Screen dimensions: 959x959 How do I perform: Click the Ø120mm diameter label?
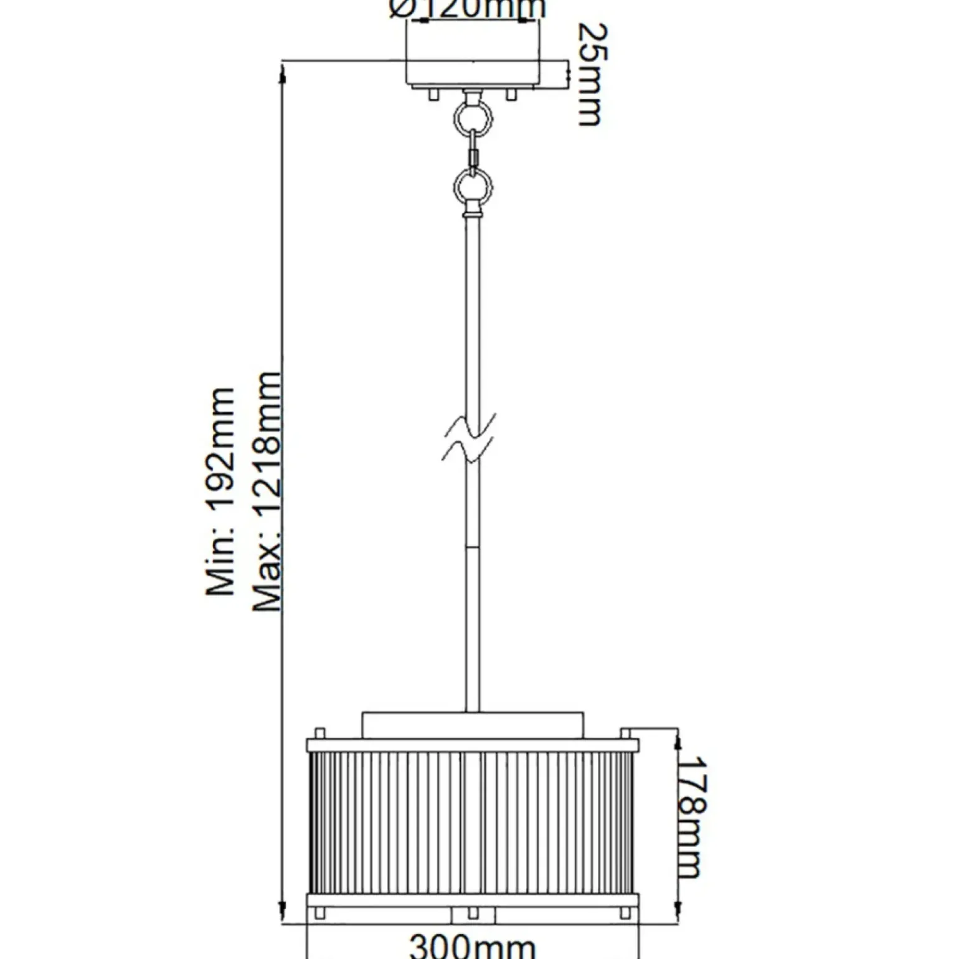coord(468,9)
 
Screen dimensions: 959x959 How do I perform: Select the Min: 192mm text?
coord(221,491)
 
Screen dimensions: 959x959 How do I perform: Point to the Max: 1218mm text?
coord(268,491)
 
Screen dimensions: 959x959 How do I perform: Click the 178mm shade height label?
coord(692,816)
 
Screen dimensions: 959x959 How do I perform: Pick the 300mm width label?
coord(473,945)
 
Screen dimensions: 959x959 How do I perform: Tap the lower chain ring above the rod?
coord(473,186)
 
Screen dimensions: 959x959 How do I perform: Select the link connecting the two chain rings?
coord(474,152)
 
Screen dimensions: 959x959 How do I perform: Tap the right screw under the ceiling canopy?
coord(511,94)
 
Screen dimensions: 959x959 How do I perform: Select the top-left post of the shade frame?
coord(320,733)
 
